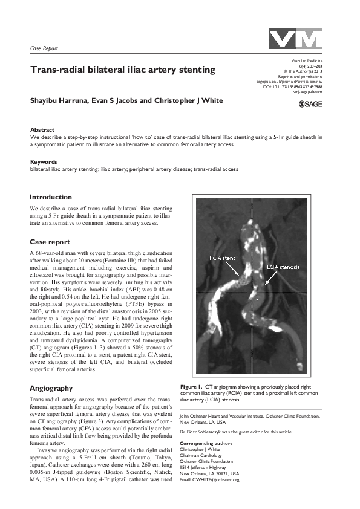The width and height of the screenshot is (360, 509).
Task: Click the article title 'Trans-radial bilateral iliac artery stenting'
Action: click(x=123, y=70)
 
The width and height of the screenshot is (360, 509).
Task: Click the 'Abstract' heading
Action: click(x=42, y=130)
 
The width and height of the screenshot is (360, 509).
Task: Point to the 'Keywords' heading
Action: click(x=44, y=162)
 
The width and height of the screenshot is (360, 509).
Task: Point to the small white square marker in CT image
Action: click(x=258, y=299)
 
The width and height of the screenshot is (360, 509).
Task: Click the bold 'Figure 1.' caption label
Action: click(x=191, y=386)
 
